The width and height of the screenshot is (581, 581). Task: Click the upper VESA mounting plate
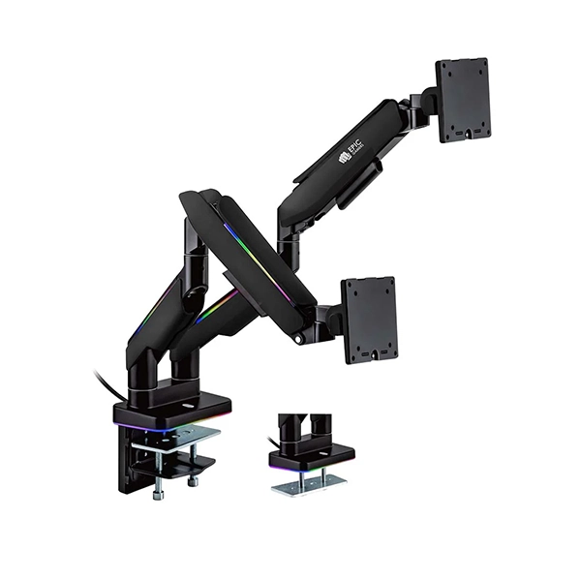click(463, 99)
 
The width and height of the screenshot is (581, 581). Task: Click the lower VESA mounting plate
click(370, 319)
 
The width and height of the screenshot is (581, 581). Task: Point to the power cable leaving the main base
click(106, 382)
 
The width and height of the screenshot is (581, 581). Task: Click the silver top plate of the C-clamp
click(180, 435)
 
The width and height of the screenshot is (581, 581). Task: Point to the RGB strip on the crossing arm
click(254, 261)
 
